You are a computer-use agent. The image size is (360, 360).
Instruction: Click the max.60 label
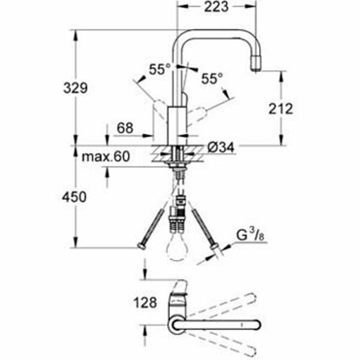pyautogui.click(x=106, y=157)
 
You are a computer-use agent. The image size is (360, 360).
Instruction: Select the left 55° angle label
pyautogui.click(x=160, y=70)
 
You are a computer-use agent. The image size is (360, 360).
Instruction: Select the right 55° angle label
pyautogui.click(x=212, y=78)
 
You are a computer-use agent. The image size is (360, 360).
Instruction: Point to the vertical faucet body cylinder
pyautogui.click(x=177, y=123)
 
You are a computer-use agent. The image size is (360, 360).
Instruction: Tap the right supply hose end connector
pyautogui.click(x=212, y=247)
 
